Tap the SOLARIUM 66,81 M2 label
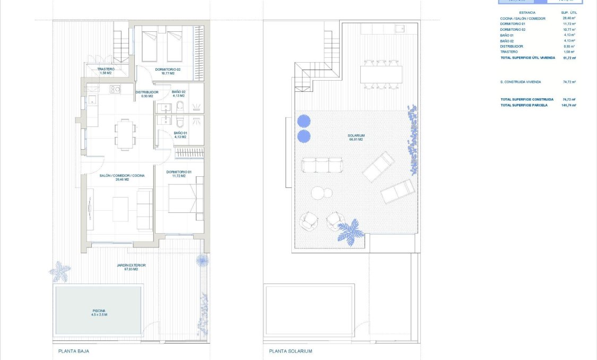pos(356,137)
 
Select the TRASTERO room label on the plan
pos(106,71)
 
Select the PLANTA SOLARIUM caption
pos(290,351)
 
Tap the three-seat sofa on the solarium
pos(322,165)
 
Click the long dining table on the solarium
pos(381,74)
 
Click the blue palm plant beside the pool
pos(60,271)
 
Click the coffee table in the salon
pos(120,209)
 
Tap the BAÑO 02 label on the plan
pos(178,94)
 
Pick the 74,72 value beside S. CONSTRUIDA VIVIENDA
pos(569,82)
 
